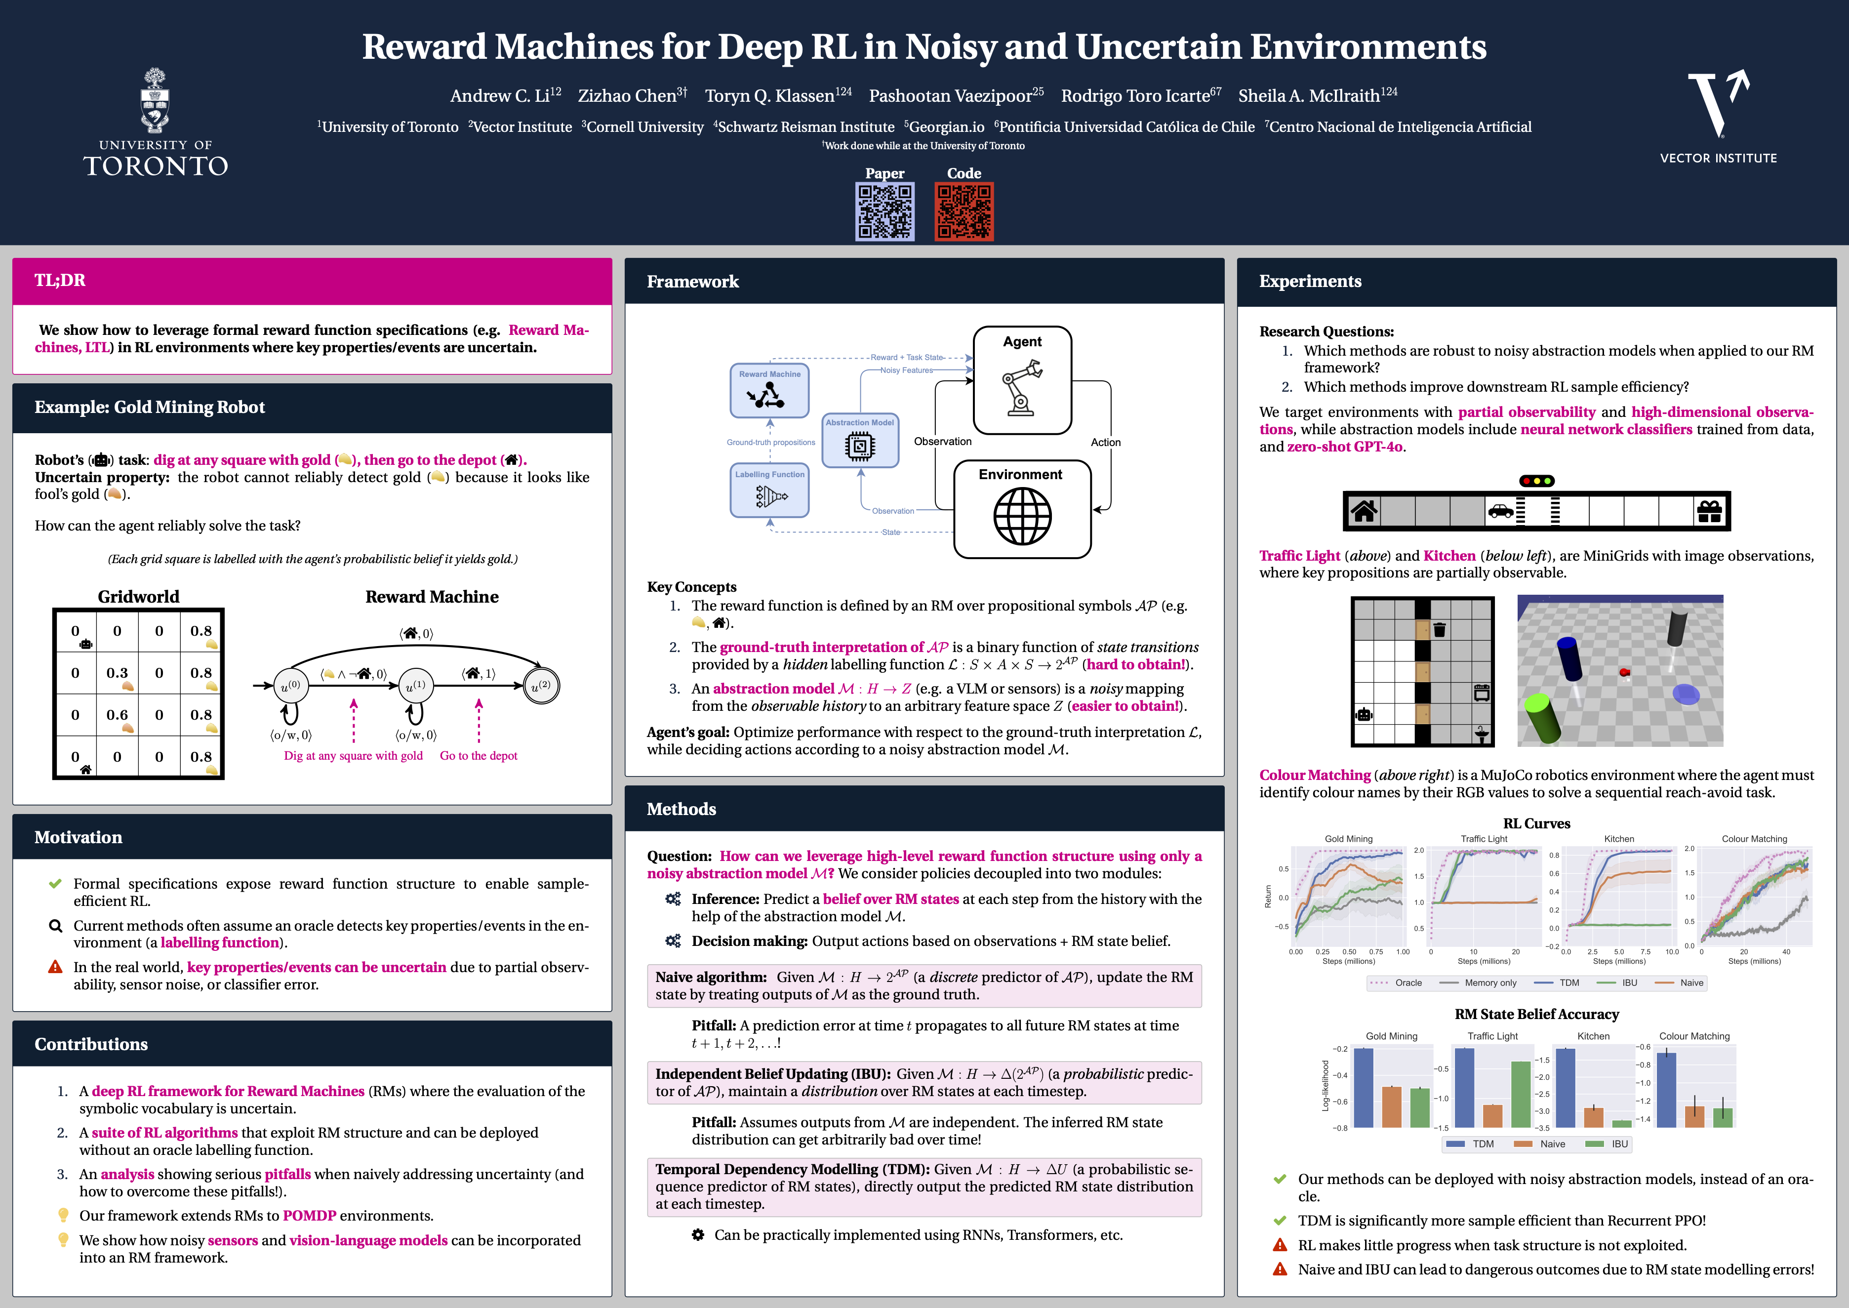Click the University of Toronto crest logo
click(x=156, y=101)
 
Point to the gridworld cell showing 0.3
click(x=118, y=673)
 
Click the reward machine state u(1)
click(x=415, y=686)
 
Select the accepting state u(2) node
click(x=541, y=686)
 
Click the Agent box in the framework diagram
click(x=1022, y=379)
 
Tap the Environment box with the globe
click(x=1022, y=509)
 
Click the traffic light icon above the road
click(x=1536, y=481)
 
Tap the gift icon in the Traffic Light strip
click(x=1709, y=511)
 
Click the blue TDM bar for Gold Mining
click(x=1364, y=1087)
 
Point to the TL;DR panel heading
click(x=60, y=280)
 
